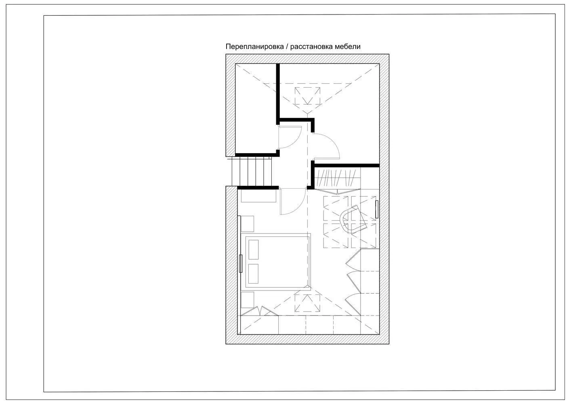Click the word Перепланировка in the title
pos(255,47)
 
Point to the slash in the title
pos(287,47)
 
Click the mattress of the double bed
pos(277,262)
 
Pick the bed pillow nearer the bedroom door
pos(253,249)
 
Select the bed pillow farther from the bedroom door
pos(253,274)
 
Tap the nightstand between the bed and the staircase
pos(247,224)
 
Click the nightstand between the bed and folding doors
pos(247,300)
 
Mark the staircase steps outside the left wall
pos(251,171)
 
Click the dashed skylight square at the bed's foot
pos(307,303)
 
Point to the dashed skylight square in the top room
pos(307,96)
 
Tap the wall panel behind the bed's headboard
pos(240,263)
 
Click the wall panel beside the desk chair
pos(377,209)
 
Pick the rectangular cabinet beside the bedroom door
pos(258,196)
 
